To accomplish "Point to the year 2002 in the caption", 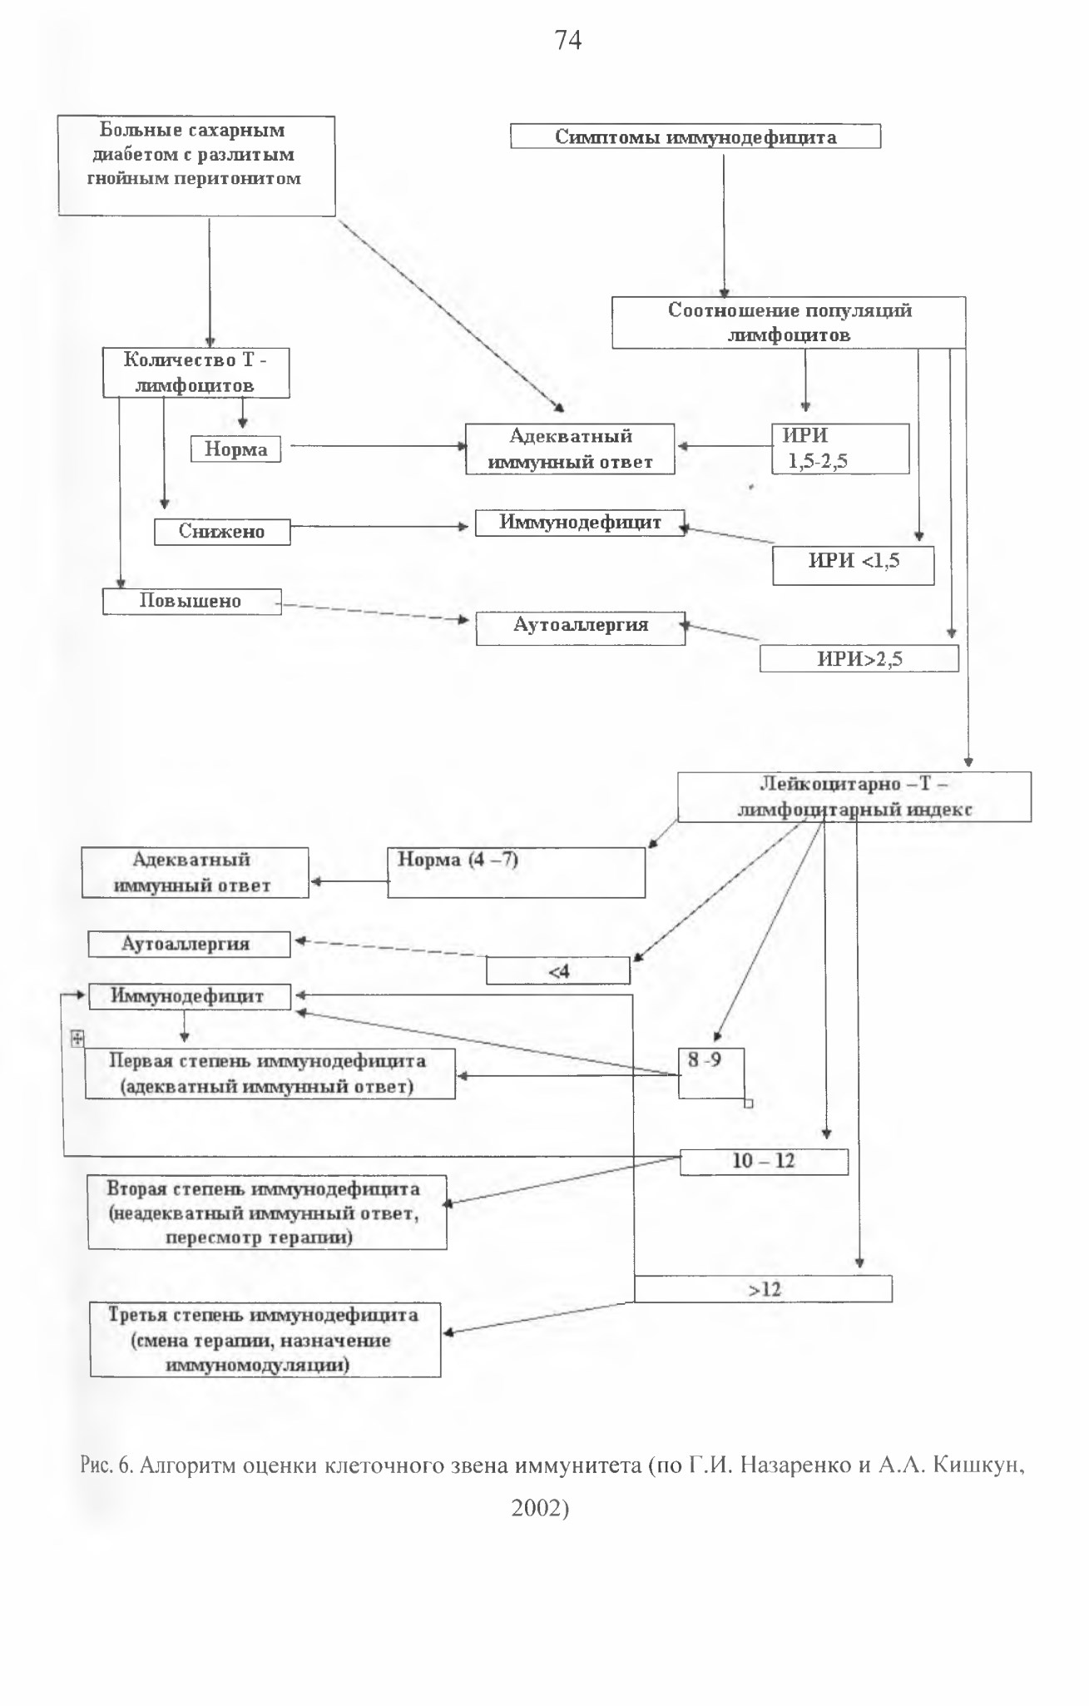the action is point(540,1508).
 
